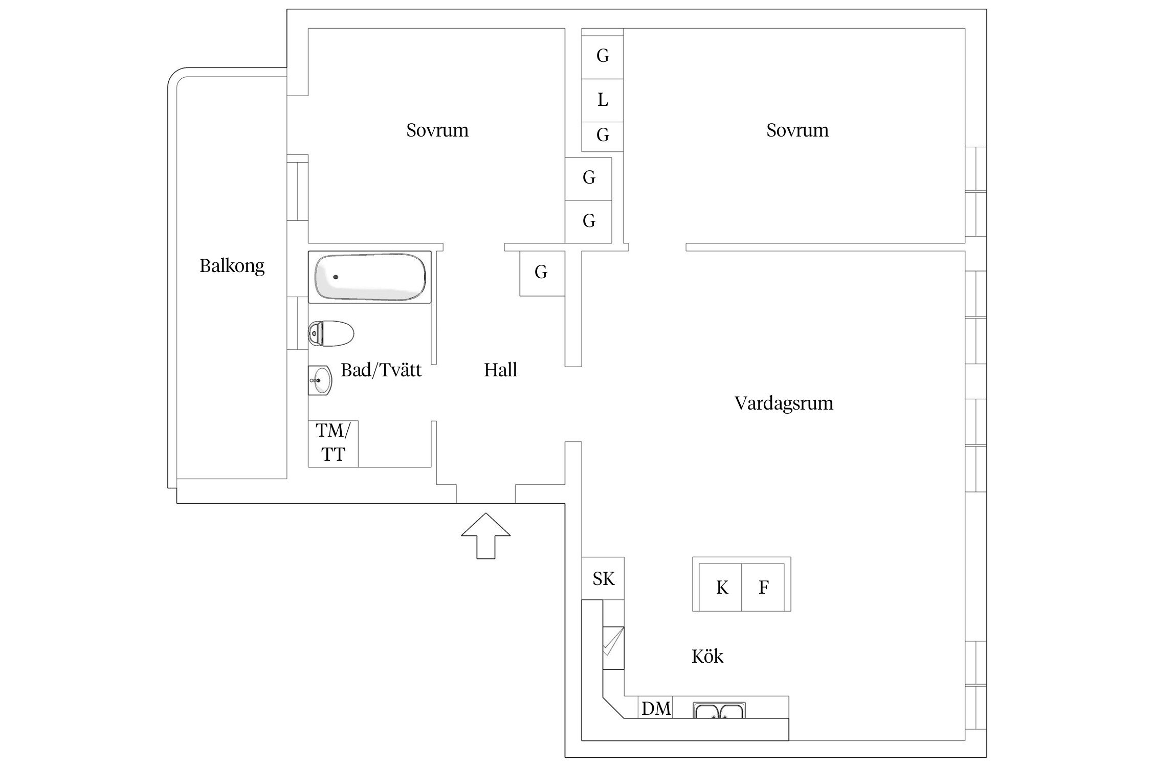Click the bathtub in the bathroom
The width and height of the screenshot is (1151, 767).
pos(369,277)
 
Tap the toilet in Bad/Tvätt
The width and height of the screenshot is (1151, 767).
pos(331,334)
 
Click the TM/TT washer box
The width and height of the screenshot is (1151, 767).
pos(333,443)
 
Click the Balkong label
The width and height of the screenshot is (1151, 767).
pos(232,266)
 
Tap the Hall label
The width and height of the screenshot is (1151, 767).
pos(500,370)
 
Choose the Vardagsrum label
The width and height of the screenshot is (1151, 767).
pos(783,403)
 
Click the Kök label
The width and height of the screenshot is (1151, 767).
pos(707,657)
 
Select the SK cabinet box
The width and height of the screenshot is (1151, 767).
pos(603,579)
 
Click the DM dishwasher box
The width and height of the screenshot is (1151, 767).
pos(656,708)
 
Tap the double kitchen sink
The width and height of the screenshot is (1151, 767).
pos(719,710)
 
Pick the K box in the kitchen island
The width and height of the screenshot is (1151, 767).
pos(721,588)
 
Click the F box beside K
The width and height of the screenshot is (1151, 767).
pos(763,588)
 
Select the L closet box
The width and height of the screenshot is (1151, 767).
pos(603,100)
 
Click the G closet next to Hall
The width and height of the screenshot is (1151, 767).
pos(541,273)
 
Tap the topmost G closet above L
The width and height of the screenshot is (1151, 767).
pos(603,55)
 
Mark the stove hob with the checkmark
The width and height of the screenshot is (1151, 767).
pos(613,647)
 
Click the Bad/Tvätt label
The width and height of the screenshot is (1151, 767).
pos(381,370)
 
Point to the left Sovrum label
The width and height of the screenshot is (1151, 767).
pos(437,130)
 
